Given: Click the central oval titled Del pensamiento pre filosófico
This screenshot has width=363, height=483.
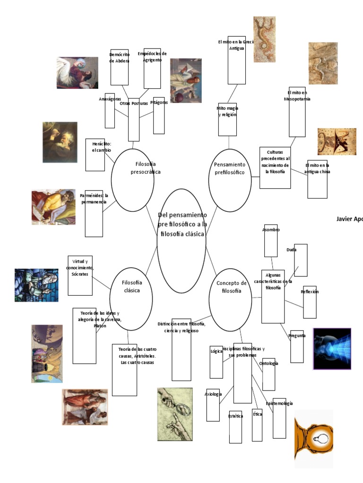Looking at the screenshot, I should [181, 241].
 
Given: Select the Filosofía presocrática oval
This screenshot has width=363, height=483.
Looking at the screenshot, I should [133, 180].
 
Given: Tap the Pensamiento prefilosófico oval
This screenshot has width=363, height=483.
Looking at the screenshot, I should [230, 180].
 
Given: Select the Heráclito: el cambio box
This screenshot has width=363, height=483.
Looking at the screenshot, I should [95, 155].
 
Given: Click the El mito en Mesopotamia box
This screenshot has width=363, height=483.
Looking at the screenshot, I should [297, 111].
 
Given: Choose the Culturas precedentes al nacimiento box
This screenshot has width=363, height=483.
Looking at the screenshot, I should [275, 167].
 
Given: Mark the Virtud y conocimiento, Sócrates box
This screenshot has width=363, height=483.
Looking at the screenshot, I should [80, 275].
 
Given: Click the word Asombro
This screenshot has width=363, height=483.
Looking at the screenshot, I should [271, 230].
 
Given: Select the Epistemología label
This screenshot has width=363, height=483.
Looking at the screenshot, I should [279, 404].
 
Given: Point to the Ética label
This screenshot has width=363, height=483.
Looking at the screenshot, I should [257, 414].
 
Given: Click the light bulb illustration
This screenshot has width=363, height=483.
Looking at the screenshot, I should [314, 438].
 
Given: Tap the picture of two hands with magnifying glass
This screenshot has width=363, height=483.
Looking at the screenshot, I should [175, 414].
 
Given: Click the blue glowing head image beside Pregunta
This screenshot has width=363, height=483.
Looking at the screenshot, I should [332, 349].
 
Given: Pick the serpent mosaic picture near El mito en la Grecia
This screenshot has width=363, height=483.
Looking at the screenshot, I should [264, 33].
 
